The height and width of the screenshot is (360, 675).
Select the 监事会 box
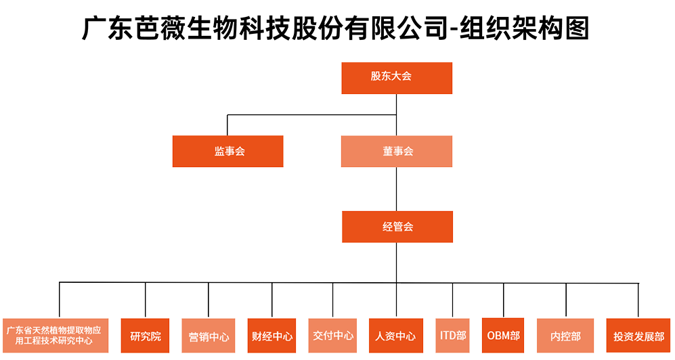pos(227,152)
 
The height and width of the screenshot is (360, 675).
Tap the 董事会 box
pos(397,152)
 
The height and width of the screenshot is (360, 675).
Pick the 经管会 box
pos(397,227)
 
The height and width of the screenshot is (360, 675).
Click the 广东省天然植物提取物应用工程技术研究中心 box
pos(56,336)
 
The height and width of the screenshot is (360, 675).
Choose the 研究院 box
pos(146,336)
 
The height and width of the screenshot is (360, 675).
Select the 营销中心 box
pos(209,336)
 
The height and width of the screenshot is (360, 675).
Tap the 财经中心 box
pos(272,336)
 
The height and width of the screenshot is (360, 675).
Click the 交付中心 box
pos(333,336)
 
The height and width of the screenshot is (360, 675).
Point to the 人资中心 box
pos(396,336)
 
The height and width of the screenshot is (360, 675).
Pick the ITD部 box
pos(453,336)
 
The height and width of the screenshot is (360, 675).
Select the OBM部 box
pos(504,336)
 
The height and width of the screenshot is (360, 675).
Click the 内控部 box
pos(566,336)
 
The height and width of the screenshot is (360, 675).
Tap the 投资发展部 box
pos(638,336)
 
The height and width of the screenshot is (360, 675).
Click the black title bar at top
pos(334,28)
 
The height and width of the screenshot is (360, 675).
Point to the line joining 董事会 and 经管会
pos(397,189)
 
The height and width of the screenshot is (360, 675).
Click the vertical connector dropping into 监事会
pos(227,125)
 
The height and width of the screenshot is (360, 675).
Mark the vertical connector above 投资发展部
pos(638,300)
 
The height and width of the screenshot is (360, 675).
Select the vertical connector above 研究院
pos(146,300)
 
